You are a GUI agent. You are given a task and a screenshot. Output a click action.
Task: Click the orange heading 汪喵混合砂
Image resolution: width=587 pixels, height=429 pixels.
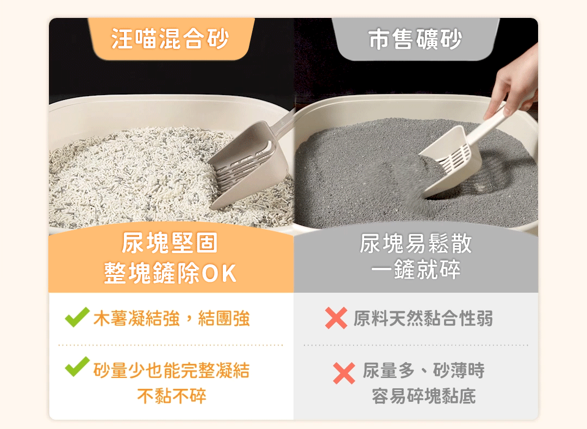[x=170, y=39]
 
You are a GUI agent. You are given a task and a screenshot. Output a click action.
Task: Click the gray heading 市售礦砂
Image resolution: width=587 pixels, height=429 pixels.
[x=415, y=39]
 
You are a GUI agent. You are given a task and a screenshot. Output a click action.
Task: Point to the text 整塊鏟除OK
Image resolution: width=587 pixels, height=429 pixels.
[x=170, y=273]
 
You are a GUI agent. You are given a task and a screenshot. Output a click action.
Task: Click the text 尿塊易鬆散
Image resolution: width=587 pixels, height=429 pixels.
[x=416, y=243]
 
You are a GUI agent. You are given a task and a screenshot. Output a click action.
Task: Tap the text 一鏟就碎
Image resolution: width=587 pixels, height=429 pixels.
[x=416, y=269]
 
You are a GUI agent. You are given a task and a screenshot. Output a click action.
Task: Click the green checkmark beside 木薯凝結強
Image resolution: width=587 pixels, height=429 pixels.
[x=77, y=317]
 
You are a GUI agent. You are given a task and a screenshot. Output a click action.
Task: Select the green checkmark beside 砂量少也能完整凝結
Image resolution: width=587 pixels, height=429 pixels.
[x=77, y=367]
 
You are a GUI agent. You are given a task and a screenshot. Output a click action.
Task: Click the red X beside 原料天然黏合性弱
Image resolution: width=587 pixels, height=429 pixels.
[x=336, y=318]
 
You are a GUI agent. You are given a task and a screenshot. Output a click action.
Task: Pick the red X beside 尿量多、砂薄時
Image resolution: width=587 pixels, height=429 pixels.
[x=344, y=373]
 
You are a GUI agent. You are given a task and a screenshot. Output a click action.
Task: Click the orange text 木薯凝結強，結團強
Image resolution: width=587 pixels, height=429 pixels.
[x=171, y=319]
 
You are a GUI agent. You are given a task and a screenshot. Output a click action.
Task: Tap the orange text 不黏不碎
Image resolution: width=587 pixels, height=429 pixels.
[x=171, y=396]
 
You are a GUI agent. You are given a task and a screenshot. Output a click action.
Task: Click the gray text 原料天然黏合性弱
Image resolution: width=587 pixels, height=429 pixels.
[x=423, y=319]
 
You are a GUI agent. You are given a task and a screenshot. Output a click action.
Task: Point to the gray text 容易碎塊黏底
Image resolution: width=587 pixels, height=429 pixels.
[x=423, y=396]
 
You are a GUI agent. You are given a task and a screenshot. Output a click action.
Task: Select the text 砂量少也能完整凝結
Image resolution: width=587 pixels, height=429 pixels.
[x=171, y=371]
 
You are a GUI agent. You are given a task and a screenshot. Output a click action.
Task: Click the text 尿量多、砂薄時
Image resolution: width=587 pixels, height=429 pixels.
[x=423, y=371]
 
